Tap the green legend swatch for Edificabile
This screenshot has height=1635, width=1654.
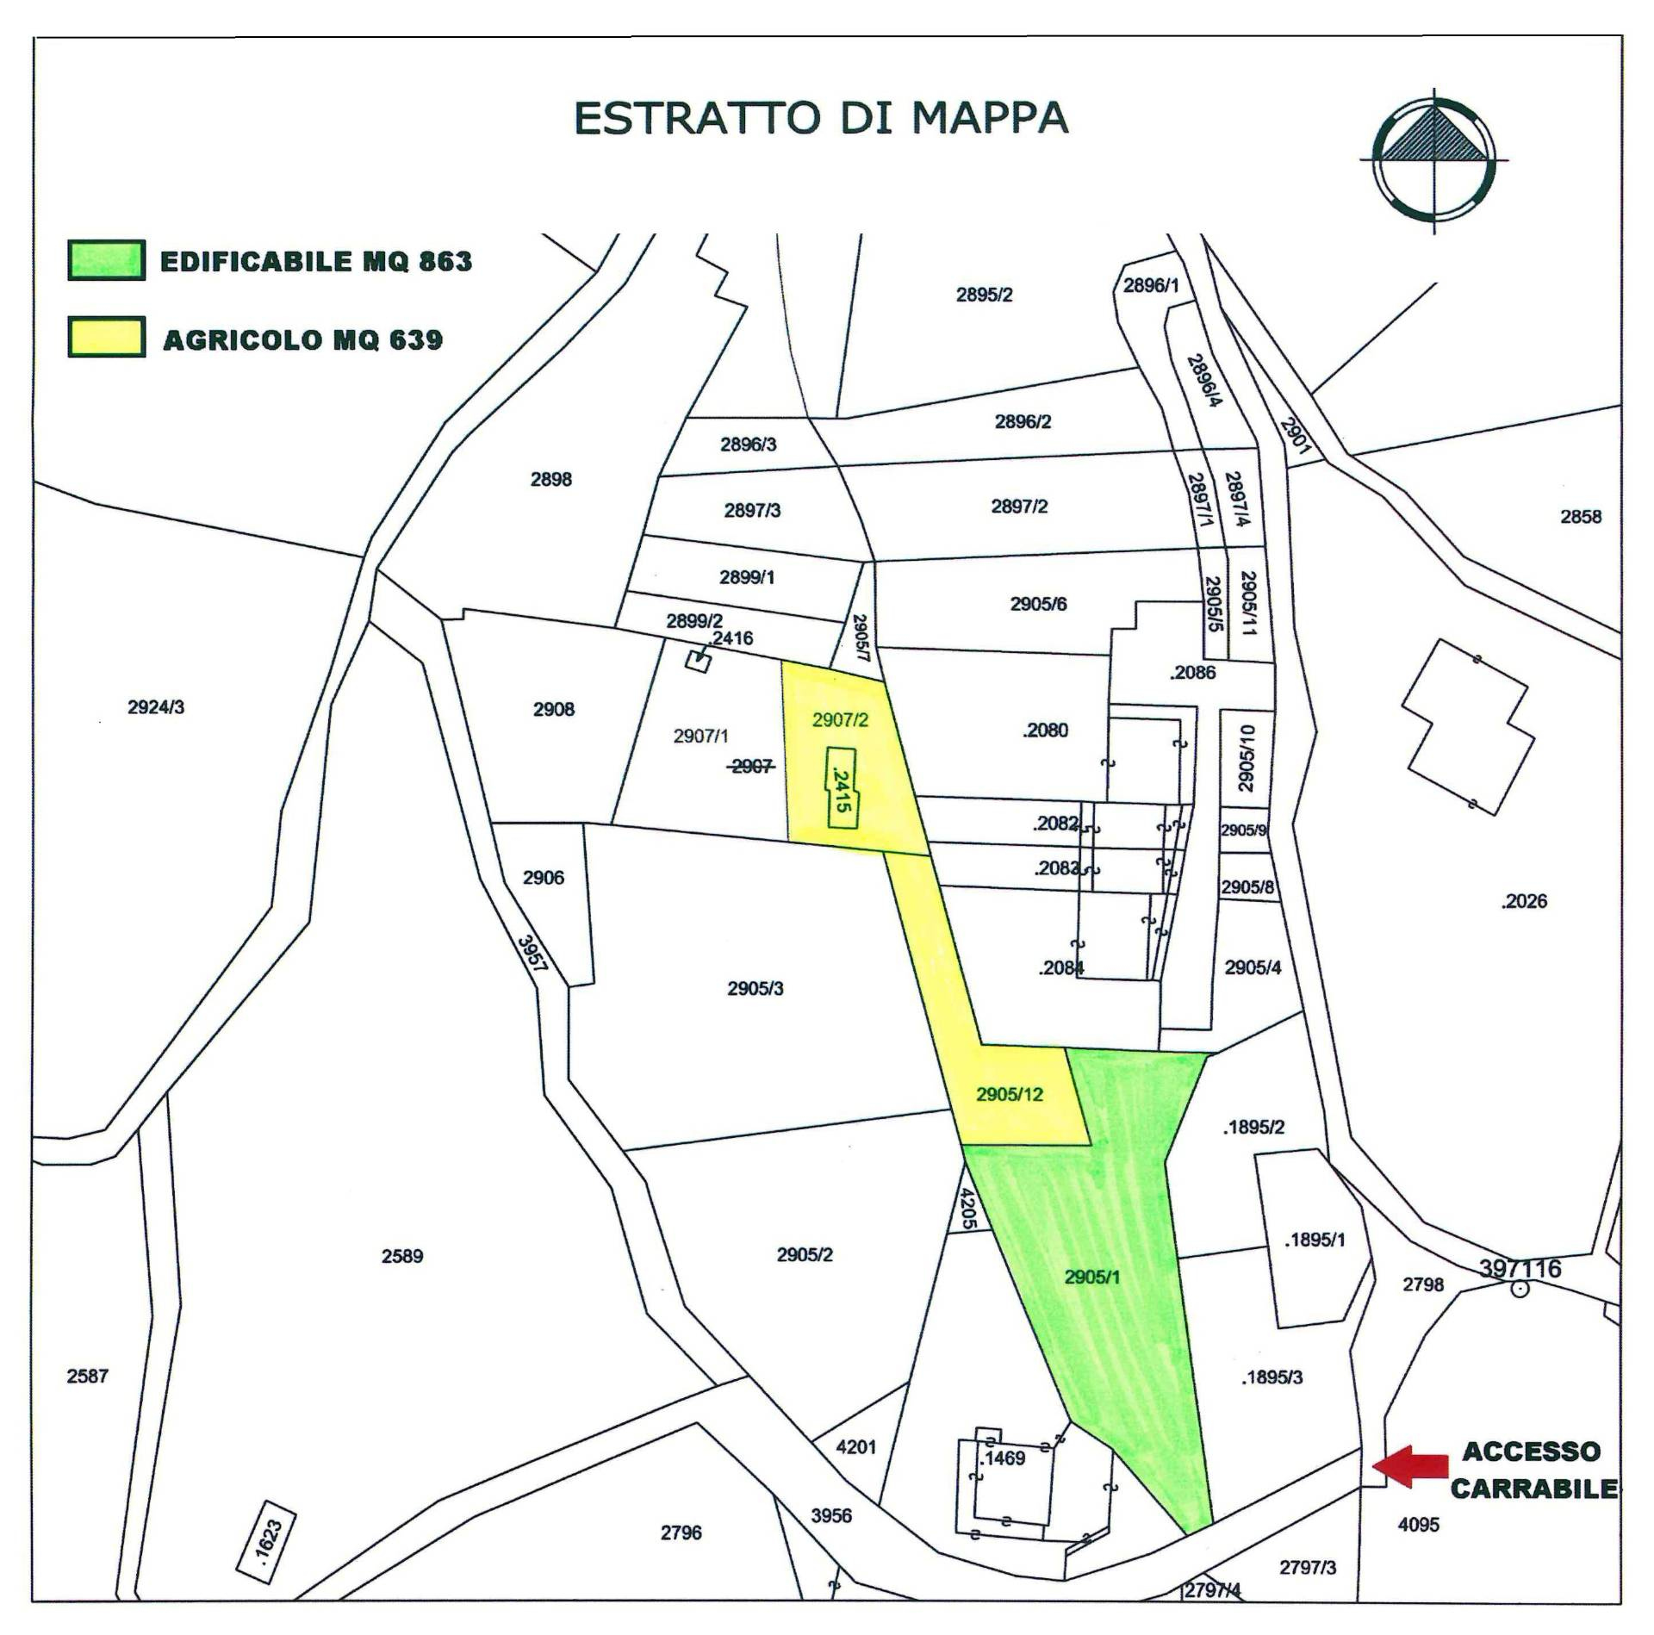tap(106, 260)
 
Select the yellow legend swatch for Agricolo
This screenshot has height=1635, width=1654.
tap(106, 338)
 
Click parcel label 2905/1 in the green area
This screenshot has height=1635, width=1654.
tap(1091, 1277)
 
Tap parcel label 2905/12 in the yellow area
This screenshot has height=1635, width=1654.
tap(1009, 1095)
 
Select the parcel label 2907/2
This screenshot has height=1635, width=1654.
tap(840, 720)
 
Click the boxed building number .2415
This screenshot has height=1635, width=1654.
tap(843, 788)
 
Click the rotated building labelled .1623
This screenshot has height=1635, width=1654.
tap(266, 1540)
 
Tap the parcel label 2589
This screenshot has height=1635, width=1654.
tap(402, 1256)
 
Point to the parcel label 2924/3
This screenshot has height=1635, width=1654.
tap(156, 707)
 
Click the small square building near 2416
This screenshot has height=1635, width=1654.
tap(698, 662)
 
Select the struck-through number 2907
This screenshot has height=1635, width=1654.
tap(751, 766)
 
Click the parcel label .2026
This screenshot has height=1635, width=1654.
tap(1523, 901)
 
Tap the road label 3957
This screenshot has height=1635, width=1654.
tap(532, 954)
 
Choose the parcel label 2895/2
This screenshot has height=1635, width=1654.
tap(984, 295)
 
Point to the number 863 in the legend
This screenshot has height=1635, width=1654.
tap(445, 261)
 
